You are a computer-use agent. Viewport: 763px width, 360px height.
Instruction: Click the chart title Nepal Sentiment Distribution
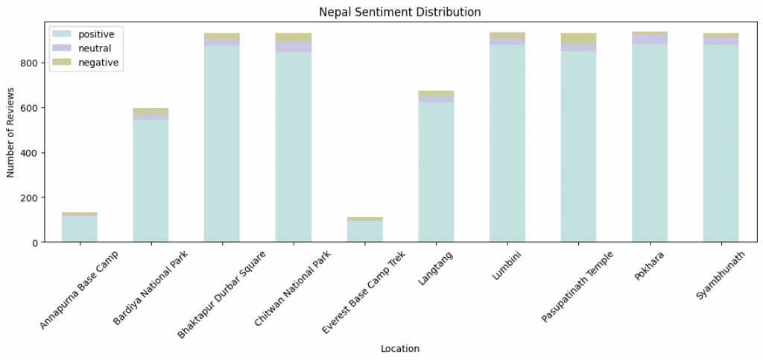[x=399, y=12]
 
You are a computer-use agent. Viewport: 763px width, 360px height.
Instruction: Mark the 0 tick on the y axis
[x=34, y=242]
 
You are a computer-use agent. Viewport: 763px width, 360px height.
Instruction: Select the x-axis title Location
[x=399, y=349]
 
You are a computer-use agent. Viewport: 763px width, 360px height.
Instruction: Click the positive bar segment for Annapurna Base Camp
[x=79, y=229]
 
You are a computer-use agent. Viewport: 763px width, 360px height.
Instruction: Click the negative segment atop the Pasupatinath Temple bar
[x=578, y=38]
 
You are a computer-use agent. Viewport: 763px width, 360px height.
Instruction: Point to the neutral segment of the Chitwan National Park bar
[x=294, y=47]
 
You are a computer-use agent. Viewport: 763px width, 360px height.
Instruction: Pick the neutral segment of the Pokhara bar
[x=650, y=39]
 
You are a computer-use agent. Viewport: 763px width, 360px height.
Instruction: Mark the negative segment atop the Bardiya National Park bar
[x=151, y=112]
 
